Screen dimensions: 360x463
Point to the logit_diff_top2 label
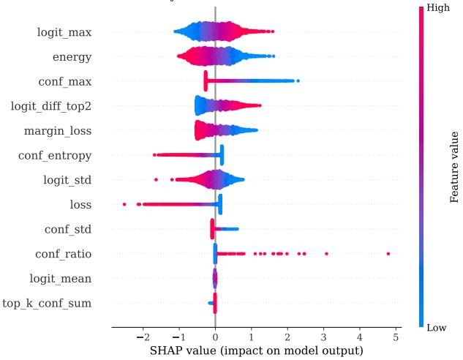51,106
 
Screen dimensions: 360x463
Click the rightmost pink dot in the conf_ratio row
388,254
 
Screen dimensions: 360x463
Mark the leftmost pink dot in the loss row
124,204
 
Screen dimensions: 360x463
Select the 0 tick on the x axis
215,337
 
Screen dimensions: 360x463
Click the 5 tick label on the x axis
396,337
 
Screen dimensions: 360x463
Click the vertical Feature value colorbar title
454,167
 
